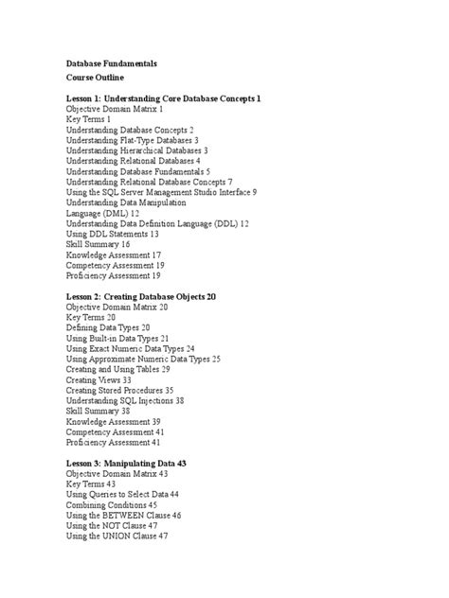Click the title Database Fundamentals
(x=111, y=62)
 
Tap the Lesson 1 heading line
(x=163, y=98)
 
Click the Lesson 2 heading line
(x=141, y=296)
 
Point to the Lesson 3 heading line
(x=126, y=463)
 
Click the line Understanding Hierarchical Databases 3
(x=136, y=150)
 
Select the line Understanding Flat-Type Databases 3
(x=132, y=140)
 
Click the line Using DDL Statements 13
(x=113, y=234)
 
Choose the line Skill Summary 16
(x=98, y=244)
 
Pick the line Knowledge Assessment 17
(x=113, y=255)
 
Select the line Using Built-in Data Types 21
(x=117, y=338)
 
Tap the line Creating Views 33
(x=99, y=379)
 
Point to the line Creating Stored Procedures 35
(x=119, y=390)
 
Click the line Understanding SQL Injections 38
(x=125, y=400)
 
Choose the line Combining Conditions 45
(x=112, y=504)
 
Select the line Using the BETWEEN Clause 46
(x=123, y=515)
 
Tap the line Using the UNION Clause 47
(x=117, y=536)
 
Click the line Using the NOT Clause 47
(x=112, y=525)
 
